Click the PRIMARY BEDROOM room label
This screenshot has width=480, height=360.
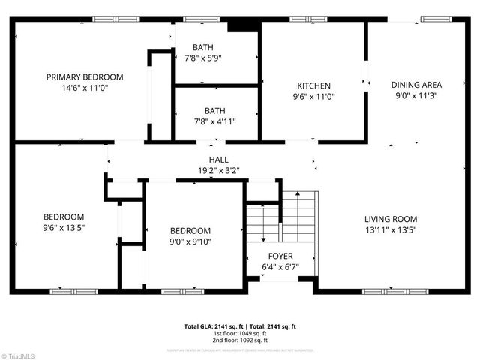pos(85,76)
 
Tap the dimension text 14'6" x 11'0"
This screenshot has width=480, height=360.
pos(85,87)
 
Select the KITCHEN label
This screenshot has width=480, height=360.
pos(313,85)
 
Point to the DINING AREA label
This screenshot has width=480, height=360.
pos(416,85)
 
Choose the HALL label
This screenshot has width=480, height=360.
pos(219,160)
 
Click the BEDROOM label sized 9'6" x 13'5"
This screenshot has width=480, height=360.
pos(63,217)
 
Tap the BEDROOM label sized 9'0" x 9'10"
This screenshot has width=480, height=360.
pos(190,230)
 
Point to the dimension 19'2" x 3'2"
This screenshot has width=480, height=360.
pos(219,170)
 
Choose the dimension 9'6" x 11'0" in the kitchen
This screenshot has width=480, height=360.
pos(313,96)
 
